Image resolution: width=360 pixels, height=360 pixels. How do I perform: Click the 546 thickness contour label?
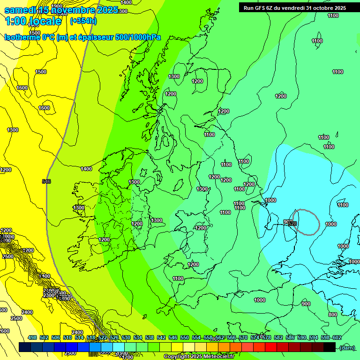[x=46, y=181]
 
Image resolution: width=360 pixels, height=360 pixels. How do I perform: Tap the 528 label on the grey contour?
[x=292, y=224]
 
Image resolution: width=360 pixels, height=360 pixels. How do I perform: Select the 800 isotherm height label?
[x=332, y=315]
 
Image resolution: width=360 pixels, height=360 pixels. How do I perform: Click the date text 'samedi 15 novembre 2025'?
[x=61, y=10]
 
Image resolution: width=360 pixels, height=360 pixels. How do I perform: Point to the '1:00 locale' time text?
[x=33, y=21]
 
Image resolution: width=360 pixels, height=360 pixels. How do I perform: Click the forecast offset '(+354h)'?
[x=83, y=21]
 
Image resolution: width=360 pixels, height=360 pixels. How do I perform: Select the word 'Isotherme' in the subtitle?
[x=22, y=37]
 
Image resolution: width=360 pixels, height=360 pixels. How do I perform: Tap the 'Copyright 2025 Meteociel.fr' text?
[x=199, y=357]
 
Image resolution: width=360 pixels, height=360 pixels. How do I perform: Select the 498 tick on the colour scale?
[x=32, y=337]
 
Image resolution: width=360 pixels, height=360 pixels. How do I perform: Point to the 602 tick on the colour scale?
[x=337, y=337]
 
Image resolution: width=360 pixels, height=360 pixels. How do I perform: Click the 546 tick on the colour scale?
[x=173, y=337]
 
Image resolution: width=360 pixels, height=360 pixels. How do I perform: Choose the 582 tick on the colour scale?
[x=278, y=337]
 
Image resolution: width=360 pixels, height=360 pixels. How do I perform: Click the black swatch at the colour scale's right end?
[x=330, y=347]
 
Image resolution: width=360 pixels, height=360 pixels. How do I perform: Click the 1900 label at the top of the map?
[x=57, y=6]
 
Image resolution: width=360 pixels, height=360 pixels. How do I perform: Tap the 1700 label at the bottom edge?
[x=127, y=357]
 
